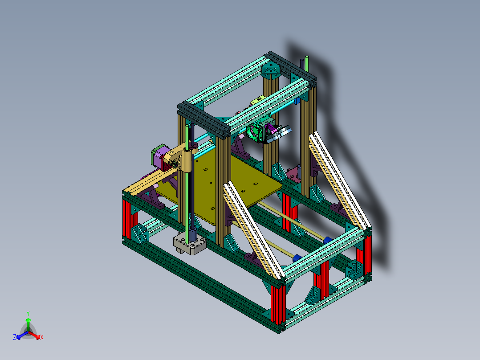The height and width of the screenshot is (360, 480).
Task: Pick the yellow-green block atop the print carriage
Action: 258,101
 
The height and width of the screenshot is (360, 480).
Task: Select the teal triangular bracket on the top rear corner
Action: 270,71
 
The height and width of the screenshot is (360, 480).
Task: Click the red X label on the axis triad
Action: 41,337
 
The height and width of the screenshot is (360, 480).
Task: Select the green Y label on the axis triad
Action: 28,313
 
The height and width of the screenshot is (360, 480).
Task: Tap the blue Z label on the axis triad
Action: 15,337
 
